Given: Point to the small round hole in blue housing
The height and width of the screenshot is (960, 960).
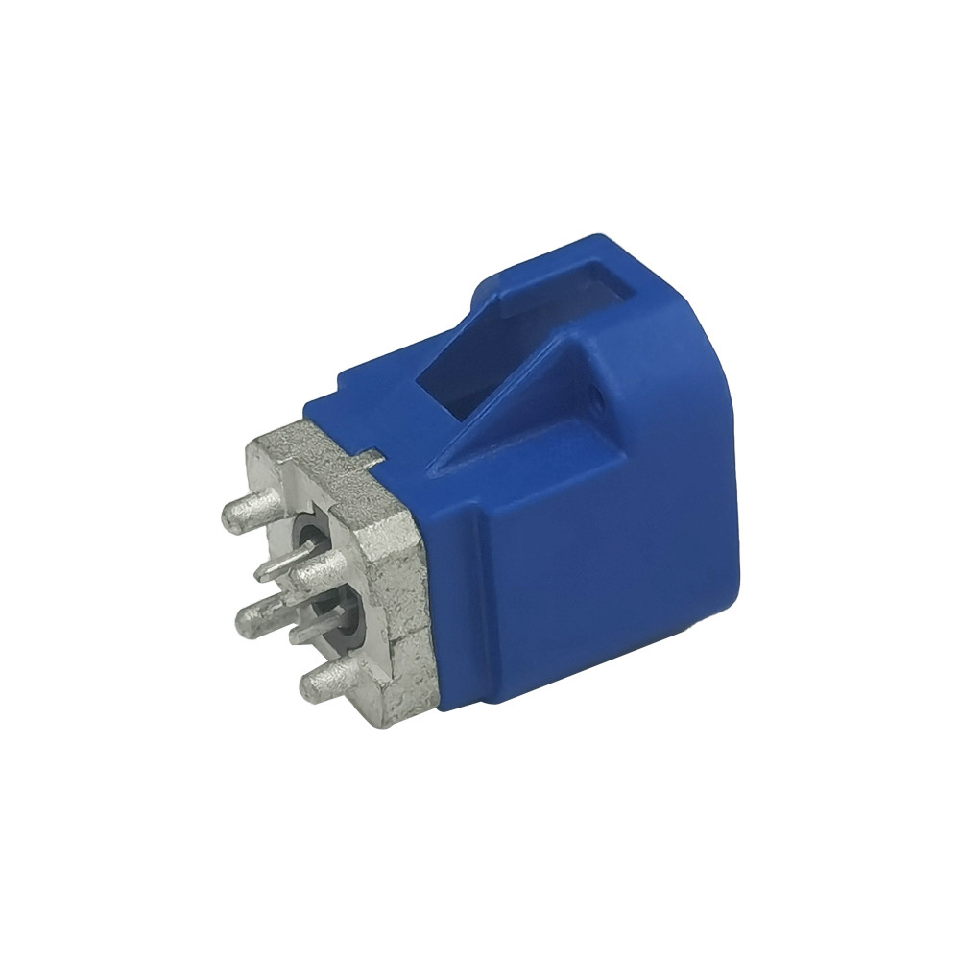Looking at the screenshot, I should tap(596, 395).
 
